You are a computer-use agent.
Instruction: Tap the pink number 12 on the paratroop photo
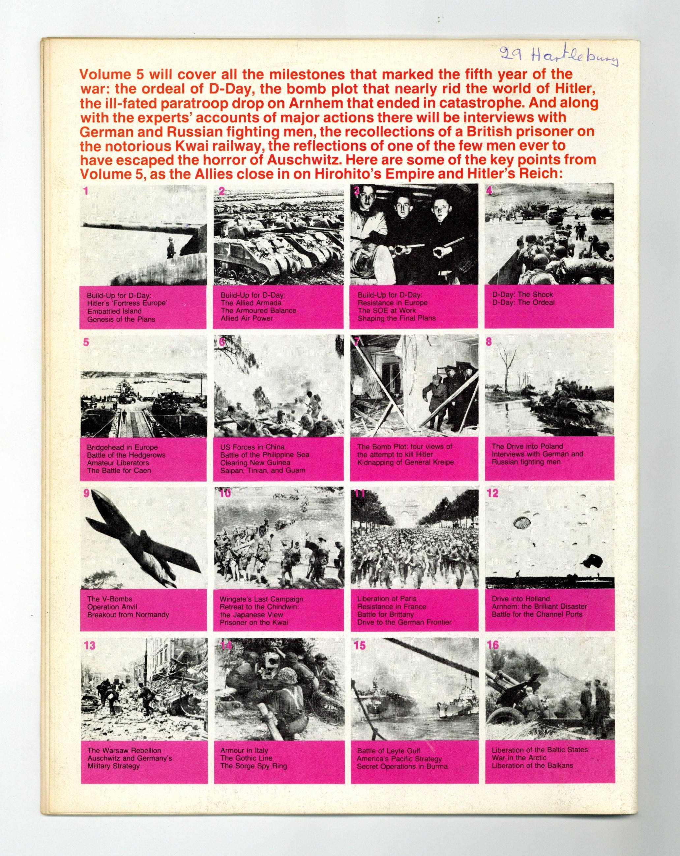(492, 493)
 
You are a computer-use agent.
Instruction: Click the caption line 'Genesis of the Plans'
(121, 319)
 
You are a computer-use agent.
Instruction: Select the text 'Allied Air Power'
(247, 318)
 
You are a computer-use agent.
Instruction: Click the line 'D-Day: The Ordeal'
(523, 302)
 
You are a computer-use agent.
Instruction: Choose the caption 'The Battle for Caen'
(119, 470)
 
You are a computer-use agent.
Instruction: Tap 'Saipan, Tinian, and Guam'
(263, 470)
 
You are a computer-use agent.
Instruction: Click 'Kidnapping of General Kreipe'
(405, 462)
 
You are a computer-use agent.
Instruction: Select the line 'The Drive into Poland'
(527, 446)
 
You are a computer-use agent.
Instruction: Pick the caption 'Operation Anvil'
(112, 607)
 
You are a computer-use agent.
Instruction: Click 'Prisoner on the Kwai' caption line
(253, 622)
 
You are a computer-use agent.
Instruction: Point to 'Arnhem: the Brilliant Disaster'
(539, 606)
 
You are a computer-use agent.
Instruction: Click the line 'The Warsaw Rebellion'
(124, 750)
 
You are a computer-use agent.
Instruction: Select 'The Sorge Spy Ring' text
(253, 766)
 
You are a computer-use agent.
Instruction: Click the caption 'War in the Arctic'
(519, 758)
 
